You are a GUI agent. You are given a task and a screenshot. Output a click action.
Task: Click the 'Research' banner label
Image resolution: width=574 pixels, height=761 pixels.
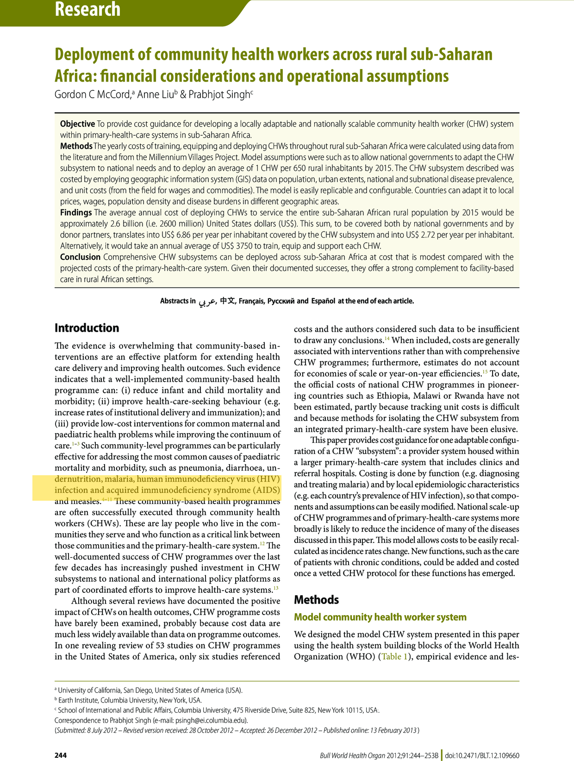87,9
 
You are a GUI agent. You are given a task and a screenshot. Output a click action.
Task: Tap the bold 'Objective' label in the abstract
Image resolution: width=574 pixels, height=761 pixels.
77,124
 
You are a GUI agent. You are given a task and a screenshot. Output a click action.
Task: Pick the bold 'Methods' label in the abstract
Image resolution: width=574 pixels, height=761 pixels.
76,146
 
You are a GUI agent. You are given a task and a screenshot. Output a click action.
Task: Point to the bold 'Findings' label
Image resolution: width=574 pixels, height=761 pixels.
76,213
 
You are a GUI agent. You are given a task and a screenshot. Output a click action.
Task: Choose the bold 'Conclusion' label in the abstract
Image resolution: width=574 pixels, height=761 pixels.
80,257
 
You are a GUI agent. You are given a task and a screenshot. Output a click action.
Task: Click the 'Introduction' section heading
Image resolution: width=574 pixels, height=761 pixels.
87,328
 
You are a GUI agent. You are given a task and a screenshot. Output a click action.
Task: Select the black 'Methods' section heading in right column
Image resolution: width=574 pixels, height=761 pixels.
316,600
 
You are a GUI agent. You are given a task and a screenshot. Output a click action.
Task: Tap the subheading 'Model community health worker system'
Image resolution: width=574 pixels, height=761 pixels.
380,617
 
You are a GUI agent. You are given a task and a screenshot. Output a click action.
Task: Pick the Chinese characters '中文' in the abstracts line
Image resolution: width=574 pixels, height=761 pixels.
227,301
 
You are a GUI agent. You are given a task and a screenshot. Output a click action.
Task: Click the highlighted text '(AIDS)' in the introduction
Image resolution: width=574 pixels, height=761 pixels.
267,490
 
